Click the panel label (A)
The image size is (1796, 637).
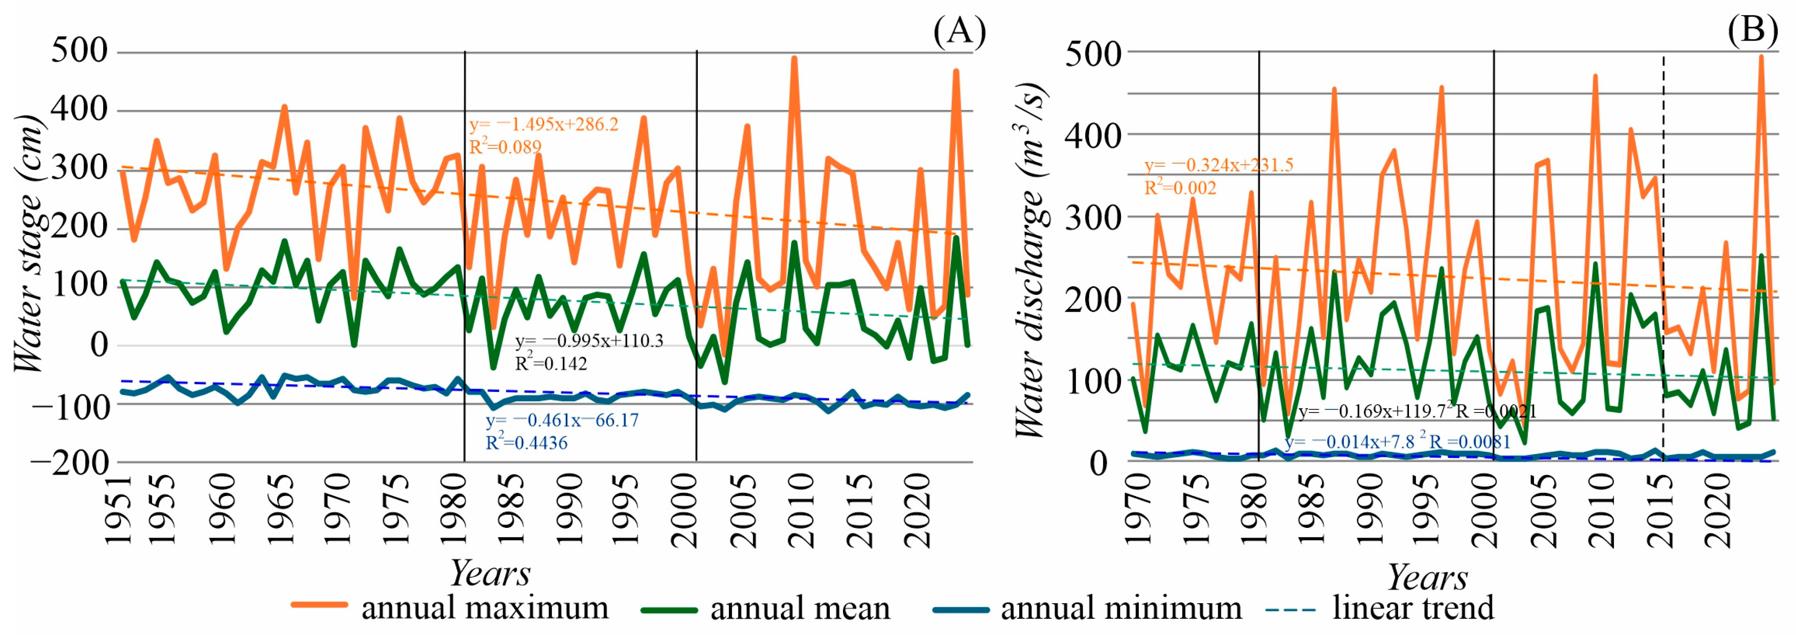(960, 32)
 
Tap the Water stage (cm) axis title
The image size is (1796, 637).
(29, 244)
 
